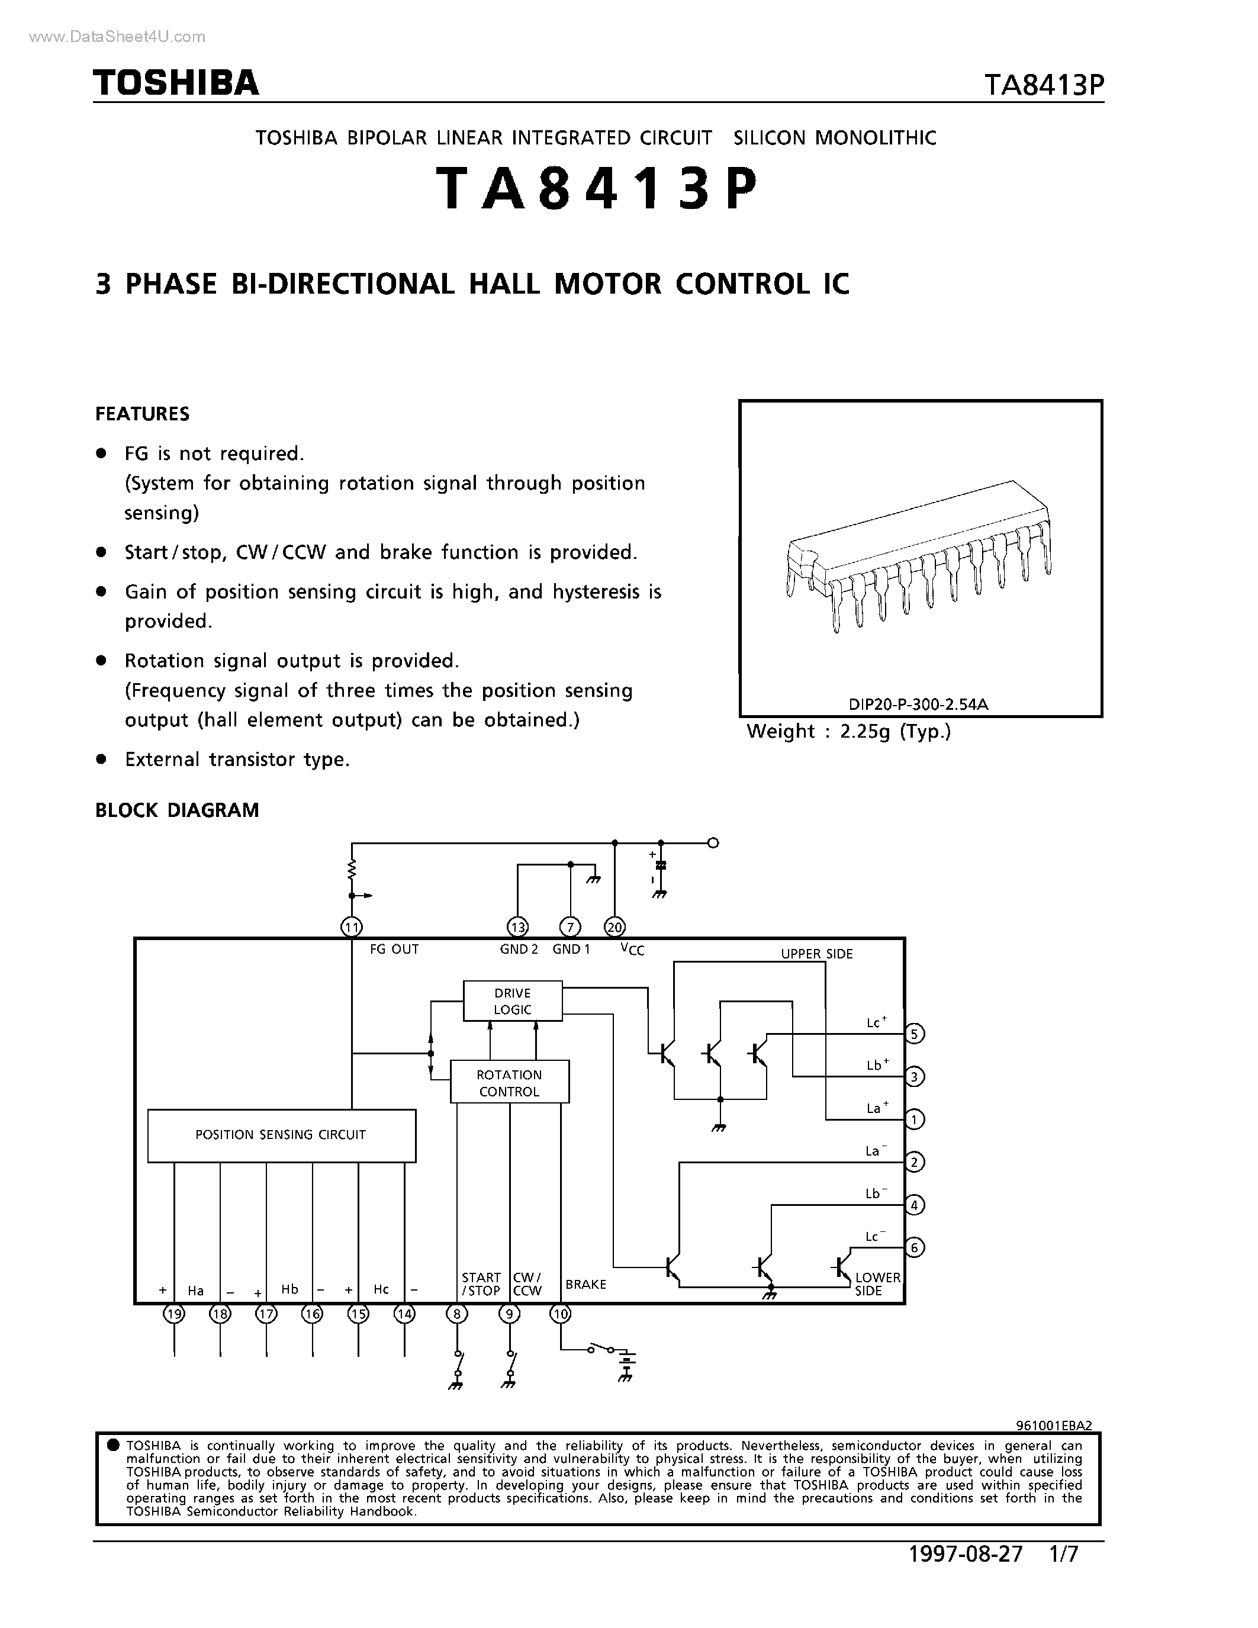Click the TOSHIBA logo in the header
[176, 83]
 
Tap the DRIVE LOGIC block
[512, 1001]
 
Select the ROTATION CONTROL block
[509, 1082]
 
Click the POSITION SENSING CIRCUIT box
[281, 1135]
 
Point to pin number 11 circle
[351, 927]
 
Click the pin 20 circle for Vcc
[615, 927]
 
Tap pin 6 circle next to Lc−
[915, 1247]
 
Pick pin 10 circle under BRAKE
[561, 1314]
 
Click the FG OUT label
[394, 949]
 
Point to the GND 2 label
[519, 949]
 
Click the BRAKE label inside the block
[585, 1285]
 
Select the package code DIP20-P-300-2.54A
[918, 704]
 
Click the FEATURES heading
[142, 414]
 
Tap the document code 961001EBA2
[1054, 1426]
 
